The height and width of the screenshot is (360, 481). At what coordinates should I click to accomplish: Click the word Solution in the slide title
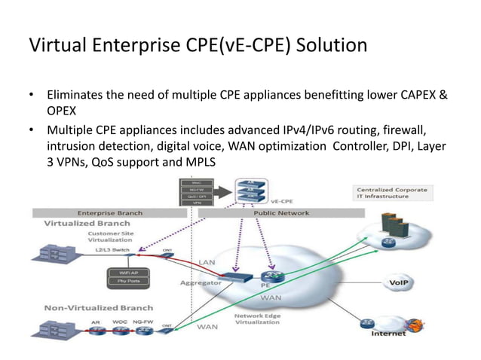326,46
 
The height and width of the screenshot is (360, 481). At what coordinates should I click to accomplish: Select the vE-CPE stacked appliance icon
249,192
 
